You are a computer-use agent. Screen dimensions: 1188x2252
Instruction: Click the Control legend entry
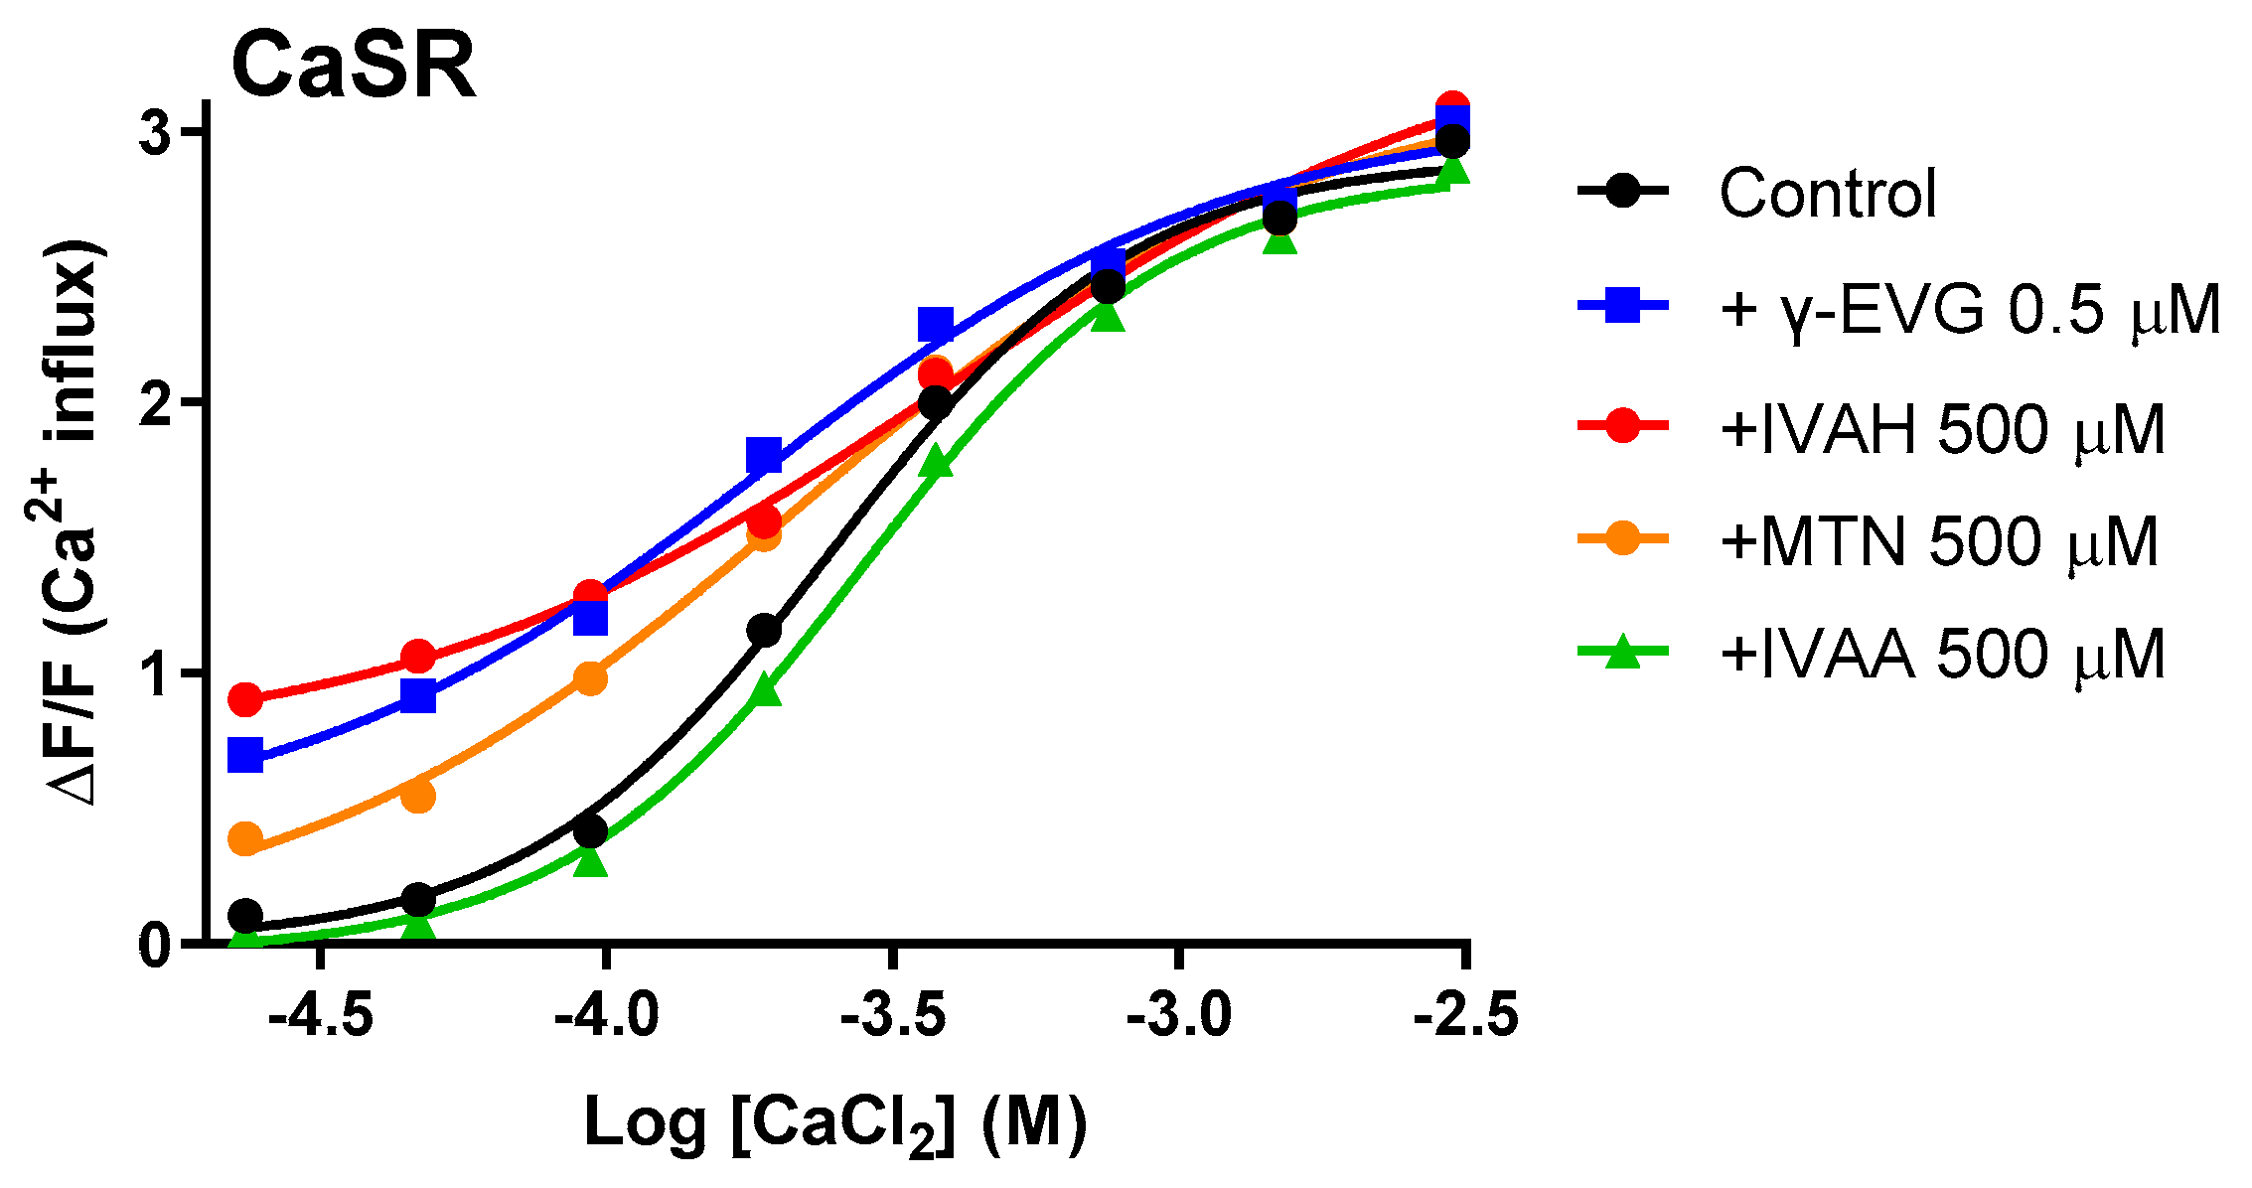(1827, 193)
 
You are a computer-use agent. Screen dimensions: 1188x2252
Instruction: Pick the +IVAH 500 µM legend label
(1942, 429)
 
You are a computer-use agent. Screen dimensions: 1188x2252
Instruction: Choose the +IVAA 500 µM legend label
(1942, 655)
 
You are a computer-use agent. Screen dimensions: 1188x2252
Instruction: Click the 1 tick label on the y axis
(157, 673)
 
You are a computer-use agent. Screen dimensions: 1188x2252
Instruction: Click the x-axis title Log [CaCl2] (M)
(835, 1125)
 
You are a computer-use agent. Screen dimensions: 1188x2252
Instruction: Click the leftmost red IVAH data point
(245, 699)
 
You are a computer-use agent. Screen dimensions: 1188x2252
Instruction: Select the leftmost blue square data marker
(245, 755)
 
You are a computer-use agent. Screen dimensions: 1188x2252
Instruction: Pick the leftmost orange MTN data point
(245, 838)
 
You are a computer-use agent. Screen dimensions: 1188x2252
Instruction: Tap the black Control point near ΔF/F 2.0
(935, 403)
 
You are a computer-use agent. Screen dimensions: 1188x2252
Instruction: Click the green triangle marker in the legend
(1622, 653)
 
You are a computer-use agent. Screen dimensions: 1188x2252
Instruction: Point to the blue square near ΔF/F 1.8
(764, 455)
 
